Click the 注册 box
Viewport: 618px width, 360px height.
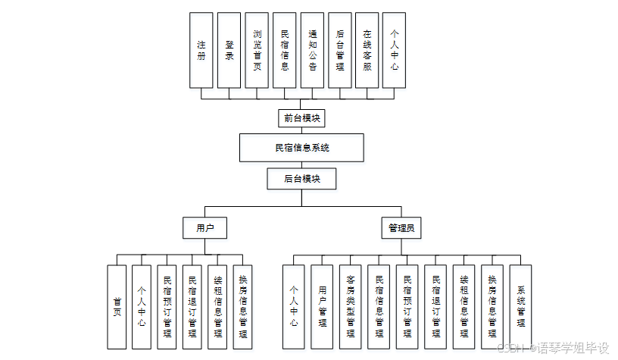[201, 50]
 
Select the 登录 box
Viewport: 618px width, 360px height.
[229, 50]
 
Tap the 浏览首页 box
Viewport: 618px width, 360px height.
[257, 50]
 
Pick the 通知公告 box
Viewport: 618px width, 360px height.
[312, 50]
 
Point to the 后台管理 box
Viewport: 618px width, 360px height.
[339, 50]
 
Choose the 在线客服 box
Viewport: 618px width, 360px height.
[367, 50]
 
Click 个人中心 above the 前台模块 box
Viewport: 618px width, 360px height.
[394, 50]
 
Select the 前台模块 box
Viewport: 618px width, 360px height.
[301, 118]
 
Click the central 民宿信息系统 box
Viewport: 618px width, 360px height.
[301, 148]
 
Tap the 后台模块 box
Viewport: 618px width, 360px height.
[301, 179]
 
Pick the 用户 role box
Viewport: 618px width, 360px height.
[205, 227]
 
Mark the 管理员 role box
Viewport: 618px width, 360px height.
[401, 227]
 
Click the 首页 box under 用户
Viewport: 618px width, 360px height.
[117, 306]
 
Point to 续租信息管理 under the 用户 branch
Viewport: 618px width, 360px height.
[217, 306]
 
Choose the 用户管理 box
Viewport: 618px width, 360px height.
[322, 306]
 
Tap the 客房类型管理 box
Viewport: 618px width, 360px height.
[350, 306]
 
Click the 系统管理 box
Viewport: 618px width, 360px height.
[521, 306]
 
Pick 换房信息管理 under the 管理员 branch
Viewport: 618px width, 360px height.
[492, 306]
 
